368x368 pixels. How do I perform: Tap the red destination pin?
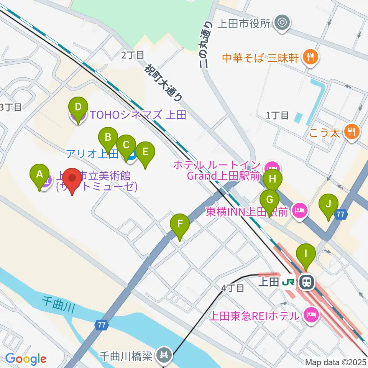(x=72, y=181)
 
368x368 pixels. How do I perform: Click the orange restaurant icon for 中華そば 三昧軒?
(x=309, y=58)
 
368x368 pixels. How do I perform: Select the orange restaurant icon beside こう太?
(x=351, y=132)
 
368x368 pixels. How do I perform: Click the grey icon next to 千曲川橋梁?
(x=165, y=356)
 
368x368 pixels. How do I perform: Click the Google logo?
(x=26, y=359)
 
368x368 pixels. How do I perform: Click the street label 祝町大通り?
(x=163, y=83)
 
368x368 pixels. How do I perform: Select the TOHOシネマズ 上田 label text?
(x=138, y=115)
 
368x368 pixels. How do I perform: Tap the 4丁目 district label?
(x=232, y=288)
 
